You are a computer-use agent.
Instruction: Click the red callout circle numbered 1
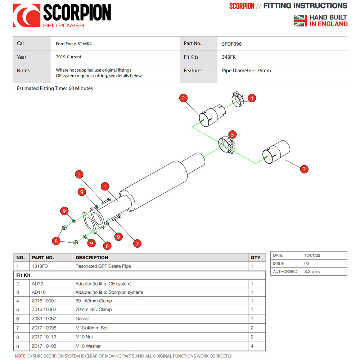(105, 186)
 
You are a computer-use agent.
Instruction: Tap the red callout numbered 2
(184, 98)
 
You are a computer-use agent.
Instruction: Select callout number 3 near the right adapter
(304, 169)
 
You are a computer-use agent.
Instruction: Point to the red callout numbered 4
(252, 98)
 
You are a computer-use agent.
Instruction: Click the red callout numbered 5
(232, 135)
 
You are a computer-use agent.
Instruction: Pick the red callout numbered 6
(107, 246)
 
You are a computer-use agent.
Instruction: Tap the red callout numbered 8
(56, 241)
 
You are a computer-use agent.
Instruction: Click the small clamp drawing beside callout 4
(238, 99)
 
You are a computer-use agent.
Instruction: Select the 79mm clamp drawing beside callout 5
(226, 145)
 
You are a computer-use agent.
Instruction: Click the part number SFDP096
(231, 44)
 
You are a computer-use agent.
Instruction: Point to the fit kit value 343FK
(229, 57)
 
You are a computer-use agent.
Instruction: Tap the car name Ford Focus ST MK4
(74, 44)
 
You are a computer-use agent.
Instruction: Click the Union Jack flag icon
(301, 21)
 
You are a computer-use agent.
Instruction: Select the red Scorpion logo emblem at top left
(27, 15)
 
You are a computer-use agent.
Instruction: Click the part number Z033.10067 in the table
(44, 319)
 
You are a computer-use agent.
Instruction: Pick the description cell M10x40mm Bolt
(92, 328)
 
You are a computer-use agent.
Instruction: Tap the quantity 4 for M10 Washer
(252, 346)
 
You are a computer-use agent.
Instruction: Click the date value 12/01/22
(312, 255)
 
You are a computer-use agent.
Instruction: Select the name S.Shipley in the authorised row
(312, 271)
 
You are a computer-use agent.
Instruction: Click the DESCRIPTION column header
(92, 258)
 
